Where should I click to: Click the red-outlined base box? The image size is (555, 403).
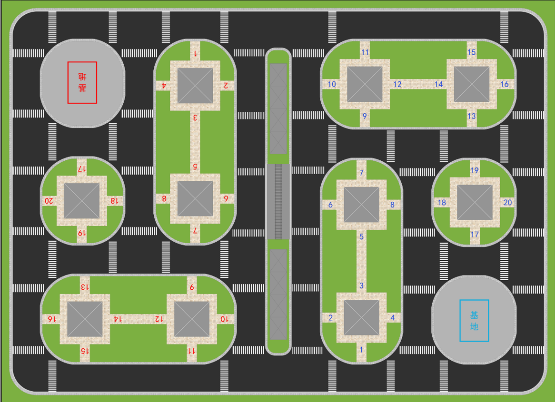click(82, 82)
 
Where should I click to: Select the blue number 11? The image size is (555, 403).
click(365, 52)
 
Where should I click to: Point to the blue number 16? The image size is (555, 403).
click(505, 84)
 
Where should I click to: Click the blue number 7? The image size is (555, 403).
click(362, 173)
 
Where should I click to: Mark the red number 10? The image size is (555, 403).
click(224, 319)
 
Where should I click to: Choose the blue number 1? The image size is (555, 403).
click(361, 350)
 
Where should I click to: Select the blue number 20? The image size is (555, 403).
click(507, 202)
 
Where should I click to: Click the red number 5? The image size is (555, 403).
click(195, 167)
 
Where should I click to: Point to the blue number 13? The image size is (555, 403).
click(471, 116)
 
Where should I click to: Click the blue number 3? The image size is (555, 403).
click(361, 286)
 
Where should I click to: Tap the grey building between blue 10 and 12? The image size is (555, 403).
click(365, 84)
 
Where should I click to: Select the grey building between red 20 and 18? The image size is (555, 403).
click(82, 201)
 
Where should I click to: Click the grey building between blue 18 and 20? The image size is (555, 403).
click(475, 202)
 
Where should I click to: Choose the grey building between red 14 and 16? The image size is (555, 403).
click(85, 319)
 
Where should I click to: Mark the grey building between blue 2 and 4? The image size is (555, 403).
click(361, 317)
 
